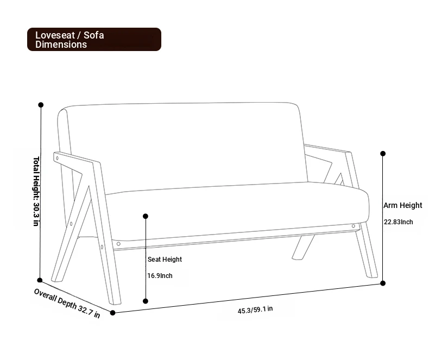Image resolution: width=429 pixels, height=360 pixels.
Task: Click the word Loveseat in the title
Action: pyautogui.click(x=55, y=35)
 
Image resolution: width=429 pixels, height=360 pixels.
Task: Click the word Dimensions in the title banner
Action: pyautogui.click(x=61, y=45)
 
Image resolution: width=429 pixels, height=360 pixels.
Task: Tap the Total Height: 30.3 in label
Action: pyautogui.click(x=36, y=191)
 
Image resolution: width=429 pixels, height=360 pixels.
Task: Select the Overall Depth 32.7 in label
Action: pyautogui.click(x=67, y=303)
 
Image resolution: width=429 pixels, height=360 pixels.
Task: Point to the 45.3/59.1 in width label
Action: pyautogui.click(x=255, y=310)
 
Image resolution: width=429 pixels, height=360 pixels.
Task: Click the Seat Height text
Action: pyautogui.click(x=165, y=260)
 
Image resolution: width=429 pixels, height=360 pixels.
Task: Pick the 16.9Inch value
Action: pyautogui.click(x=160, y=275)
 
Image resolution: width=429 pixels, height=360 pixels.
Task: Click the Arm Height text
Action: pyautogui.click(x=402, y=205)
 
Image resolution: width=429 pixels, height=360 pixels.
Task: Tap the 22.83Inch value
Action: pyautogui.click(x=398, y=222)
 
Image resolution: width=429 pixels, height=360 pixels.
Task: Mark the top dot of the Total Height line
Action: pyautogui.click(x=41, y=105)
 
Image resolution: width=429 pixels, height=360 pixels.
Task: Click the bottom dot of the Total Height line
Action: pyautogui.click(x=40, y=280)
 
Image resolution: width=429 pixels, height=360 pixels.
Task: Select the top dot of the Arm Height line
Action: pyautogui.click(x=383, y=154)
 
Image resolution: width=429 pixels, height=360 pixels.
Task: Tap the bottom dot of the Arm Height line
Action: pyautogui.click(x=383, y=283)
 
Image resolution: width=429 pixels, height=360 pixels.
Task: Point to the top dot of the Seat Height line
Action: pyautogui.click(x=146, y=216)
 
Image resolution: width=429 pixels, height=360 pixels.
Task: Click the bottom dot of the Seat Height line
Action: pyautogui.click(x=146, y=301)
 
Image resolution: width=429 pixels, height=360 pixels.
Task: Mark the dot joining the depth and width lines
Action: pyautogui.click(x=112, y=313)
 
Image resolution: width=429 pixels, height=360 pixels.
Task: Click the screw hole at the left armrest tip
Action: pyautogui.click(x=57, y=158)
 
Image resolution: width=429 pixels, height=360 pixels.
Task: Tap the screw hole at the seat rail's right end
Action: pyautogui.click(x=353, y=226)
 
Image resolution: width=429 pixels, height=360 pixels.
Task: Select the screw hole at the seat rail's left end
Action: pyautogui.click(x=118, y=244)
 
